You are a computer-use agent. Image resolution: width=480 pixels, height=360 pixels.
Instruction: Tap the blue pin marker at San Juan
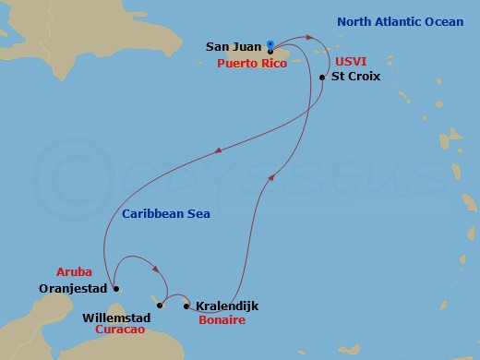point(270,44)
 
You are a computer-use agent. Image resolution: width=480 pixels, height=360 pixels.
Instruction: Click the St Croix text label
point(354,78)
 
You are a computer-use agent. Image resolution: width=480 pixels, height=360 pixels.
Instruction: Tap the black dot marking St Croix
point(321,78)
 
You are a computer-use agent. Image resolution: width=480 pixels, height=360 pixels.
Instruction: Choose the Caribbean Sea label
point(165,214)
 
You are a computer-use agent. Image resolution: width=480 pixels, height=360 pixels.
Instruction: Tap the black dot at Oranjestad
point(109,286)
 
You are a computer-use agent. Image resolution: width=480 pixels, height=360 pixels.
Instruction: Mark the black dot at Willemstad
point(160,305)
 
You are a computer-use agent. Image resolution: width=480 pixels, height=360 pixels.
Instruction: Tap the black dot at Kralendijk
point(186,306)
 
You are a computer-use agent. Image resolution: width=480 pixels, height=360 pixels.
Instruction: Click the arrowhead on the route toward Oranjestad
point(217,152)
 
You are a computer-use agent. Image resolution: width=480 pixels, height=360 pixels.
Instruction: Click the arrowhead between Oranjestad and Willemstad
point(157,270)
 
